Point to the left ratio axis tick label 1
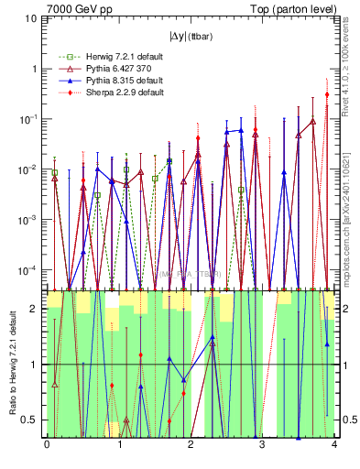tap(37, 365)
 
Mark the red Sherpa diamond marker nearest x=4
tap(327, 94)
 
